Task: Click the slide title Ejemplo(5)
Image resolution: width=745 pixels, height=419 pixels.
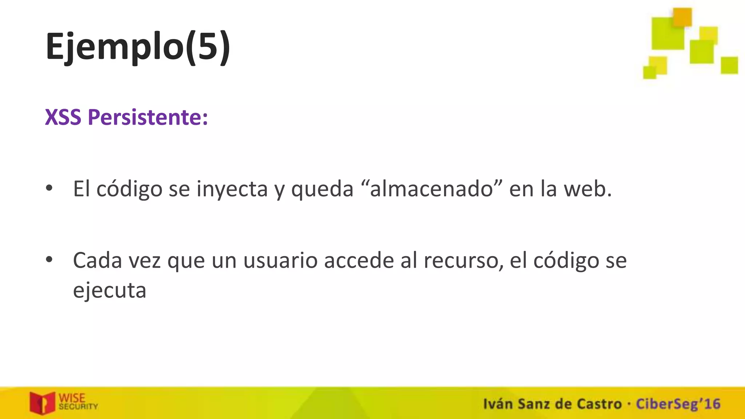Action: (138, 47)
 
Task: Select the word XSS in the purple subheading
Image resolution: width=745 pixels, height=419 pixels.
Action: (63, 117)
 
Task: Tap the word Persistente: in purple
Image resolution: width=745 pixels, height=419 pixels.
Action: (148, 117)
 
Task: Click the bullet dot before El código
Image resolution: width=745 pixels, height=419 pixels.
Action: (49, 188)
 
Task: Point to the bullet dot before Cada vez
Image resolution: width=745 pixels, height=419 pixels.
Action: (49, 259)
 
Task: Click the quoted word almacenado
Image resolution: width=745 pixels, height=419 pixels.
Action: (431, 189)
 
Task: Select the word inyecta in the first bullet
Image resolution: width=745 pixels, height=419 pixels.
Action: (232, 189)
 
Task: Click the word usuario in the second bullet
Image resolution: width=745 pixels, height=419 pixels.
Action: (280, 261)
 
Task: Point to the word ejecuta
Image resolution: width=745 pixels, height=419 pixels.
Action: (109, 291)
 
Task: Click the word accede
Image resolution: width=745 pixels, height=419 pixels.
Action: (359, 261)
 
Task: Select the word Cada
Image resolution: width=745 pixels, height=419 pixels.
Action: (97, 261)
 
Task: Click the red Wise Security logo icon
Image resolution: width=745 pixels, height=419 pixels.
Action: (42, 403)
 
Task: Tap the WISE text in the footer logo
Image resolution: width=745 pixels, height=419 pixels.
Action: (72, 398)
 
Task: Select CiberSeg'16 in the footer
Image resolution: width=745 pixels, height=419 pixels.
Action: (678, 404)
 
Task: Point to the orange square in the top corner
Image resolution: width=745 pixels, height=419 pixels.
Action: (682, 17)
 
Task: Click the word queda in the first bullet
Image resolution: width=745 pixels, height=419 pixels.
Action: (322, 189)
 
